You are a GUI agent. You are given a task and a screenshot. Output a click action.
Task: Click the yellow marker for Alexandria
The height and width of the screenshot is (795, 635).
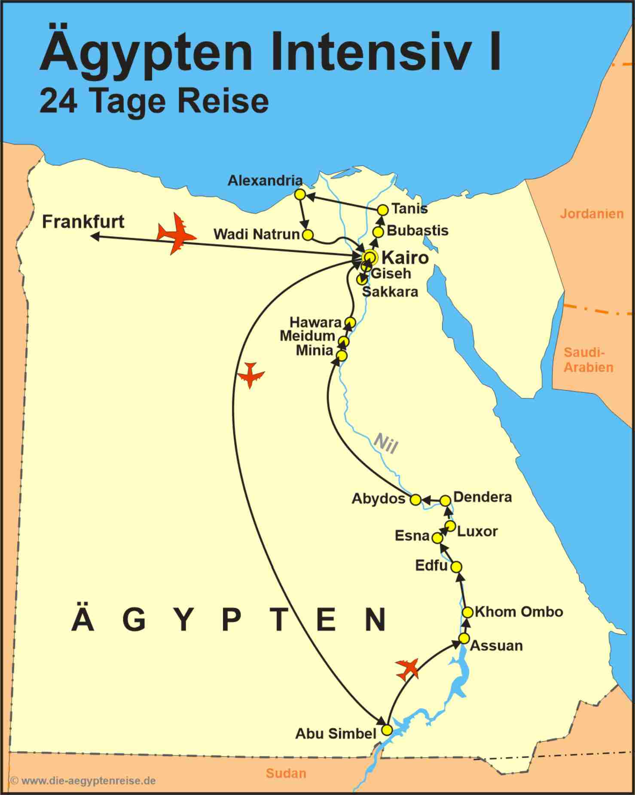pos(300,195)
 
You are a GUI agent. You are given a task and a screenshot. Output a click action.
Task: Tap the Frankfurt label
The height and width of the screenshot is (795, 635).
pos(83,222)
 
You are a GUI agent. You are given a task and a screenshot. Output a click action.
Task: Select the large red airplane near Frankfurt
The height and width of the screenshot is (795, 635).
pos(176,233)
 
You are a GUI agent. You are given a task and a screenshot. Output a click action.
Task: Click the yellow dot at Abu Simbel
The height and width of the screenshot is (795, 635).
pos(387,730)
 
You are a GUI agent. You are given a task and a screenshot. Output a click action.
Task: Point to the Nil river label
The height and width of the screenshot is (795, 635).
pos(385,443)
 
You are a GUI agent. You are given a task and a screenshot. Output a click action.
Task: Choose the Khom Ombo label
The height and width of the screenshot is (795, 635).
pos(519,612)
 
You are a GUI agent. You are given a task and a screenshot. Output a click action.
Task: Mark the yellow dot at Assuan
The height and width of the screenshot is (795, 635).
pos(464,638)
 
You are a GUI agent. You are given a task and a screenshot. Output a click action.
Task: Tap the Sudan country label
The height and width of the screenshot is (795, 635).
pos(286,773)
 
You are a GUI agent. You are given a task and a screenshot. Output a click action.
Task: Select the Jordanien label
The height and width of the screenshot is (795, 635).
pos(592,214)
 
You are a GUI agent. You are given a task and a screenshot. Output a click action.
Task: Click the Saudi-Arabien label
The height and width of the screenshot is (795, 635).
pos(588,360)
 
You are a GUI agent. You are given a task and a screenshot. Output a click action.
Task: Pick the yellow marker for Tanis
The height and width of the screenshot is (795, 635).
pos(383,210)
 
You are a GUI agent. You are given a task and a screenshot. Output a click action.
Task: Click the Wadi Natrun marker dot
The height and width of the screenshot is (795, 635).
pos(308,235)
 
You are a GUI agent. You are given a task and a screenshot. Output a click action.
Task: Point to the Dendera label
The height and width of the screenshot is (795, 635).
pos(482,497)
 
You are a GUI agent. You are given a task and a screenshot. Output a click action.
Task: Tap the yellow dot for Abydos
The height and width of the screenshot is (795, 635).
pos(415,499)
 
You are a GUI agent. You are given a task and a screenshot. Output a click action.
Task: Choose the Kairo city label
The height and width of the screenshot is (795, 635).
pos(405,258)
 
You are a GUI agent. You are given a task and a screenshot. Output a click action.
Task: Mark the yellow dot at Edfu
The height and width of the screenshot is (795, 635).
pos(456,567)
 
